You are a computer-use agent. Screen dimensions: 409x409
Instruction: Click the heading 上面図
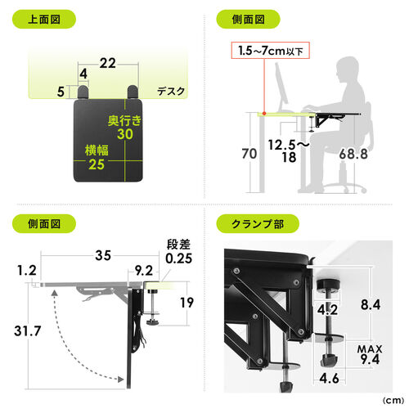point(43,18)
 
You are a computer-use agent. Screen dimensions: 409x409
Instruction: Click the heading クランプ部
point(254,222)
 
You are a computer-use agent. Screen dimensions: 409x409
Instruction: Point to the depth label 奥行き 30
point(125,128)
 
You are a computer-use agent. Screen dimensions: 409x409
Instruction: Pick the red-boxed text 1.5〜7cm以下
point(264,52)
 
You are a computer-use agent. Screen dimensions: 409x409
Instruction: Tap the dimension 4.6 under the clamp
point(330,380)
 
